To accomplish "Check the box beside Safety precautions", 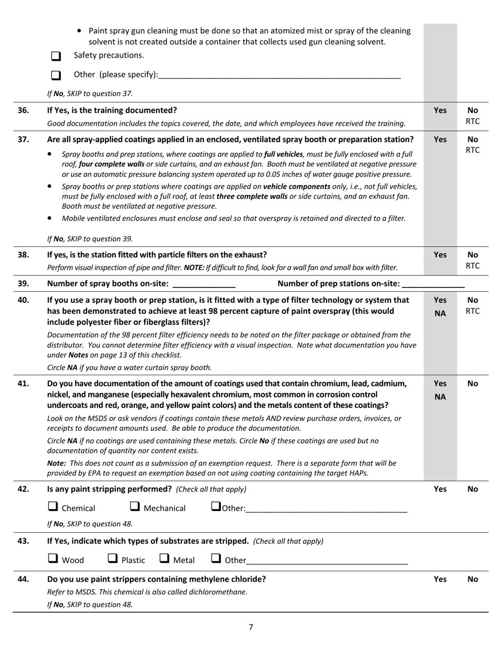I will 56,56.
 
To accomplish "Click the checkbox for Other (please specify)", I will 56,76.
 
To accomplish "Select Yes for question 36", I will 440,110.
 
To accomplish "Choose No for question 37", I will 472,140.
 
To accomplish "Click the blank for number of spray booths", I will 203,284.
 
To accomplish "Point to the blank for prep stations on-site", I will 433,284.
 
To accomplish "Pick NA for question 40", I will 440,313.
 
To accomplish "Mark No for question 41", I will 472,384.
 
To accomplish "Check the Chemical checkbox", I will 53,507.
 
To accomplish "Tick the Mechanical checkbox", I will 135,507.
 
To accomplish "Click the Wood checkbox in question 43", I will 53,558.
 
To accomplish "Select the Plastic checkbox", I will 113,558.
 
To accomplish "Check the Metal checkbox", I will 164,558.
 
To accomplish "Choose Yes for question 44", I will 440,579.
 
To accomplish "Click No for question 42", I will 472,489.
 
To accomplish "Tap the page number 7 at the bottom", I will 251,627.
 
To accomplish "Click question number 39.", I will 23,284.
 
